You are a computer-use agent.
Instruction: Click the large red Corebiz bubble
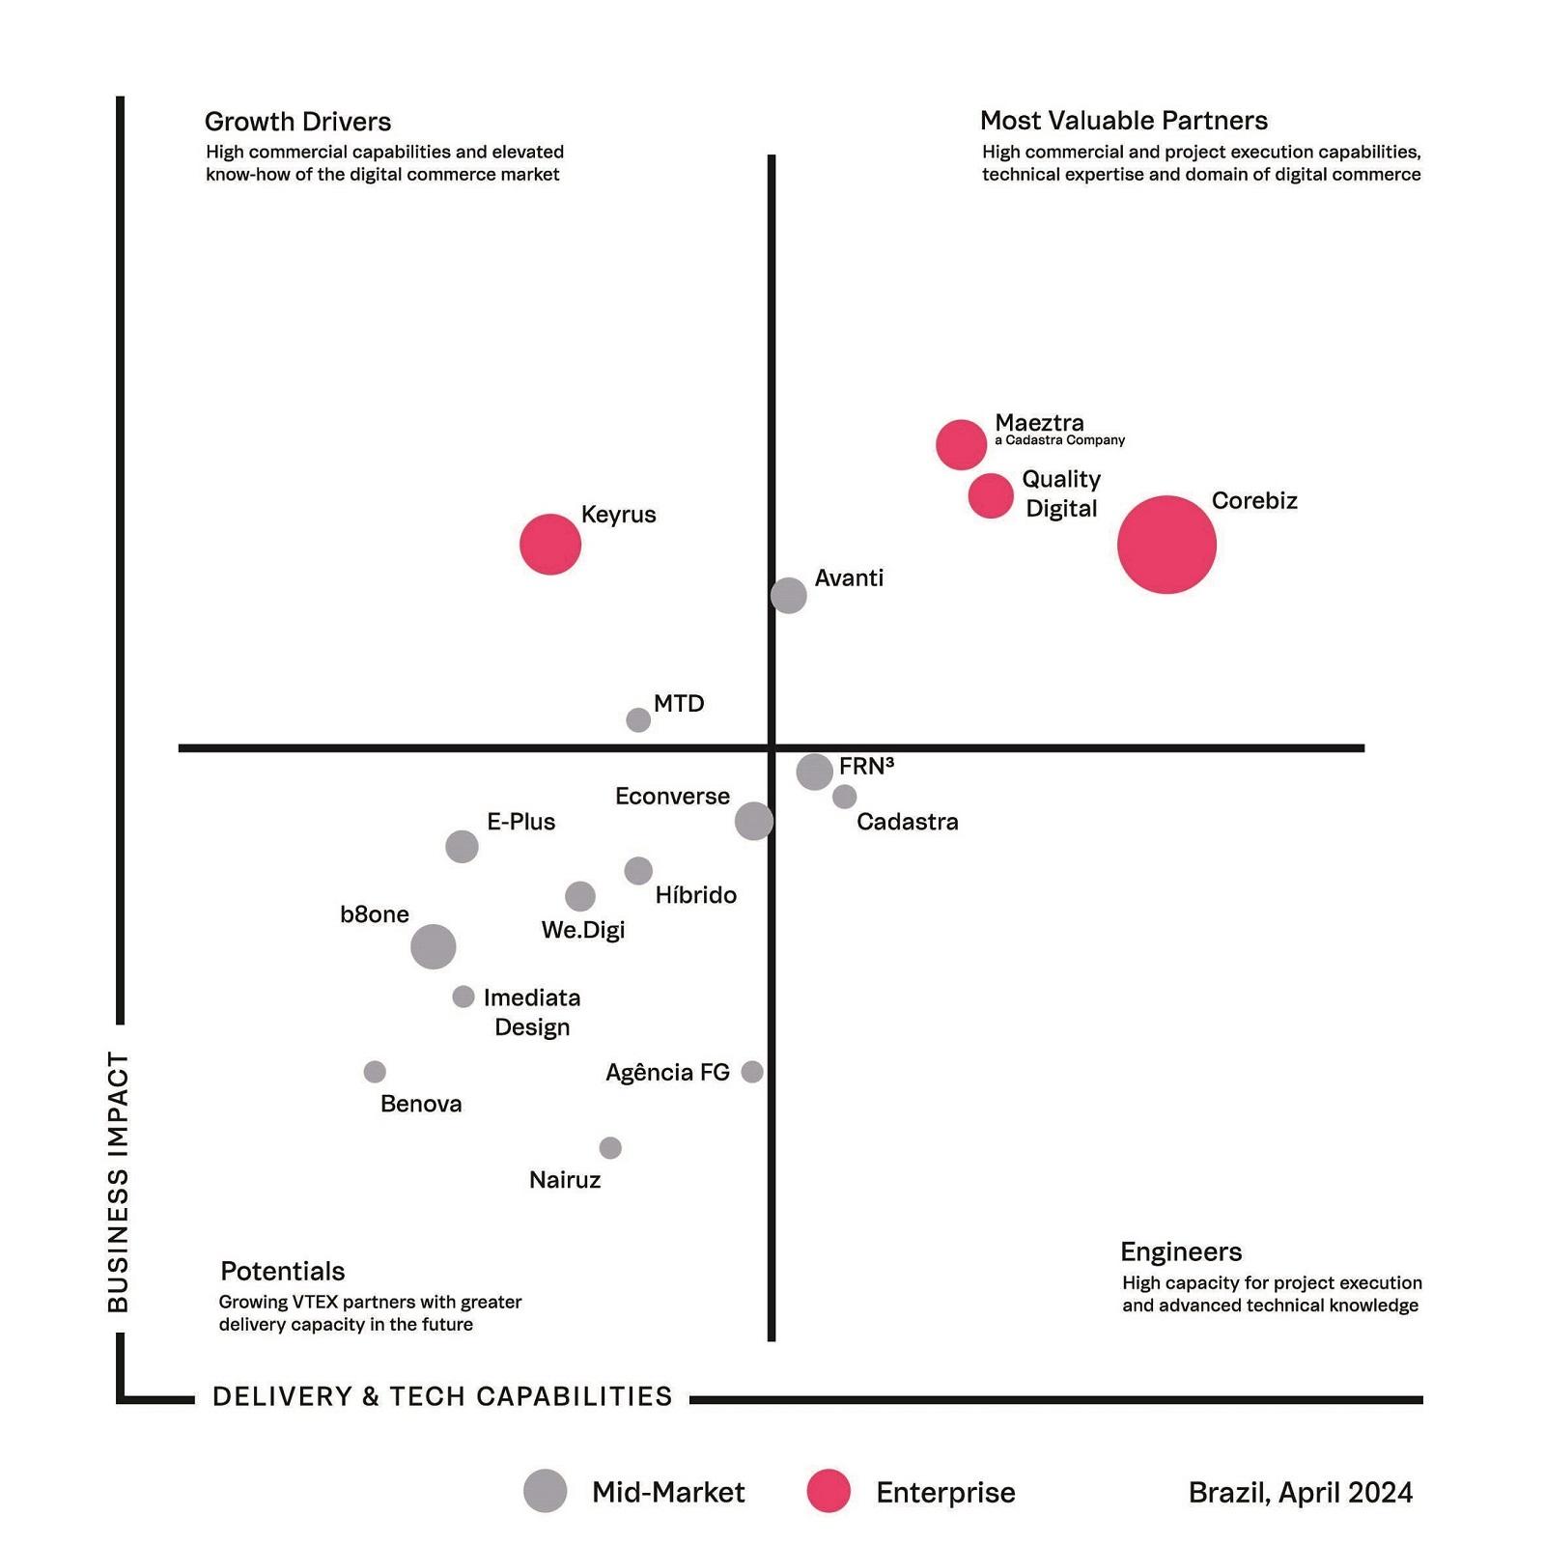[1166, 545]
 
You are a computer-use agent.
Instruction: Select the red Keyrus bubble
[550, 545]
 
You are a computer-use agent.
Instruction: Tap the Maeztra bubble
[961, 445]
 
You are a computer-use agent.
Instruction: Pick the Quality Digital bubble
[991, 496]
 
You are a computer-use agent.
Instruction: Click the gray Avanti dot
[789, 595]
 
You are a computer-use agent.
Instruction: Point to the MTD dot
[638, 719]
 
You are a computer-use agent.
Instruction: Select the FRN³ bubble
[815, 772]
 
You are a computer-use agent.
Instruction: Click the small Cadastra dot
[845, 797]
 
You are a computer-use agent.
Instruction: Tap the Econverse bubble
[754, 821]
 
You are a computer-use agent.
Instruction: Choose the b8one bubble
[434, 946]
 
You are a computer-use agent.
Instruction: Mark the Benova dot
[375, 1072]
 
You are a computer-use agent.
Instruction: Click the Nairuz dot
[610, 1148]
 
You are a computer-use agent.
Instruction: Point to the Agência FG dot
[752, 1072]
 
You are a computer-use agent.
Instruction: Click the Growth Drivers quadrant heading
[297, 122]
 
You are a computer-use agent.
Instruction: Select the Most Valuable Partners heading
[1124, 121]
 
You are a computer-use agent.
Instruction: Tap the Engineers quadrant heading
[1181, 1251]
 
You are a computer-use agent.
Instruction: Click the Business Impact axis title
[118, 1182]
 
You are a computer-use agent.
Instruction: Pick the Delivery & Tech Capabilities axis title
[442, 1396]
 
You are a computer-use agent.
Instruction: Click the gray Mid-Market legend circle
[546, 1491]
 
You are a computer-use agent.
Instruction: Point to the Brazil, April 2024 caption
[1301, 1493]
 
